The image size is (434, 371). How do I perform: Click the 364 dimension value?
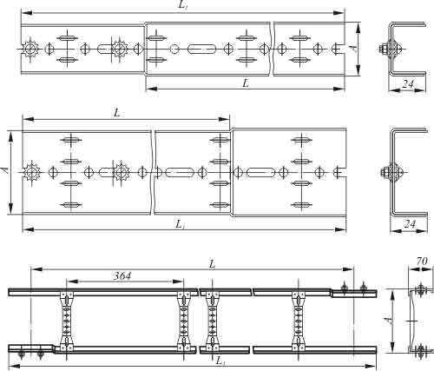tap(122, 276)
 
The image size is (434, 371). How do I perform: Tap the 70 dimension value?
tap(422, 262)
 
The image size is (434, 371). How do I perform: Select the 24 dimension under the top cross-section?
tap(408, 84)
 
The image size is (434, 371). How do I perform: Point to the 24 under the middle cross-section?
tap(410, 224)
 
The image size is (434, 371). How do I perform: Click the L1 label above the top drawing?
tap(182, 6)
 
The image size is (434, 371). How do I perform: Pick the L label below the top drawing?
tap(246, 83)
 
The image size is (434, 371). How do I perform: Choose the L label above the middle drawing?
tap(116, 113)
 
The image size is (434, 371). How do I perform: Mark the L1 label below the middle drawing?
tap(180, 224)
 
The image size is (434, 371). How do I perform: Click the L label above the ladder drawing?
tap(213, 264)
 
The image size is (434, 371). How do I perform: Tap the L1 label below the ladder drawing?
tap(220, 361)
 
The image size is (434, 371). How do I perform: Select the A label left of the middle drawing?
tap(5, 170)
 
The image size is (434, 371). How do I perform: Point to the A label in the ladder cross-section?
tap(388, 321)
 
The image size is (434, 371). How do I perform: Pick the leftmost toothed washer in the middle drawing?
tap(30, 173)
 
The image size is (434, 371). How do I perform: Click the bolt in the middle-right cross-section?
tap(385, 173)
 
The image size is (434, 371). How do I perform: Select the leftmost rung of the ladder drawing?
tap(67, 321)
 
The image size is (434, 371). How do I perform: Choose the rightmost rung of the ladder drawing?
tap(299, 321)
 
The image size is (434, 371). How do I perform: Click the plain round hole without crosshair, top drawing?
tap(174, 49)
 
